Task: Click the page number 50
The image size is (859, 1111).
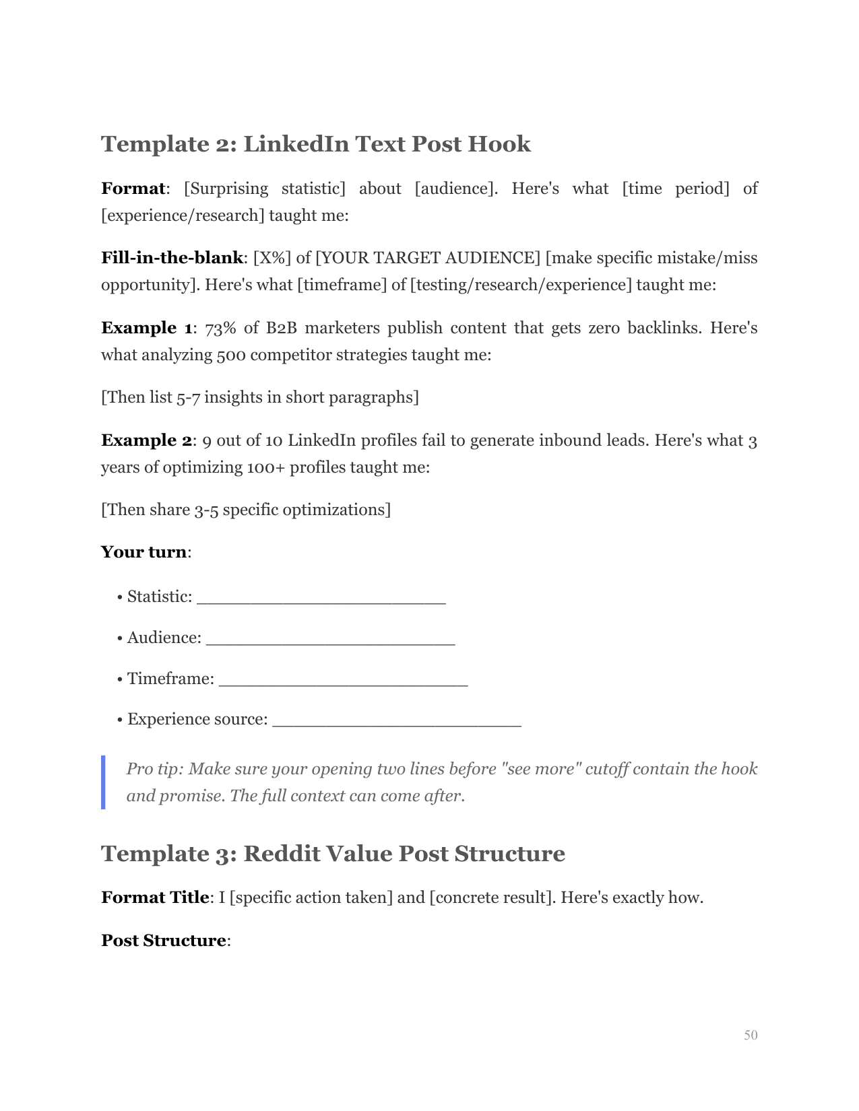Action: tap(750, 1035)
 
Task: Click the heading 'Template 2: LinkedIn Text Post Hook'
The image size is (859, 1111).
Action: tap(315, 143)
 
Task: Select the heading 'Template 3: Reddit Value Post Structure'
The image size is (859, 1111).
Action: tap(333, 853)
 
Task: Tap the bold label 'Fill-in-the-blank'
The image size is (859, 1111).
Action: tap(172, 258)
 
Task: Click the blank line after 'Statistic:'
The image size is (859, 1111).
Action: tap(321, 599)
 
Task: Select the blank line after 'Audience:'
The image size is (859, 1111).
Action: tap(331, 640)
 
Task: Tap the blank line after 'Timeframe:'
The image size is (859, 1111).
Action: tap(344, 680)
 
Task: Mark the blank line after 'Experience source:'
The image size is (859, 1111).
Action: tap(397, 721)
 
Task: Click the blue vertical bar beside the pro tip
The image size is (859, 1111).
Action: tap(103, 782)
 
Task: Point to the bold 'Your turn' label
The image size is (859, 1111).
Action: tap(144, 552)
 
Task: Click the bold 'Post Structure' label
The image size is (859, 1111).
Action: tap(163, 940)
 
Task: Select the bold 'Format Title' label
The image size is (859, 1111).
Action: tap(154, 898)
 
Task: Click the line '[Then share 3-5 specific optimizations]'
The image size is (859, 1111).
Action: tap(246, 510)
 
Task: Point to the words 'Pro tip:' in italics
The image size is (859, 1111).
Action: tap(154, 769)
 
